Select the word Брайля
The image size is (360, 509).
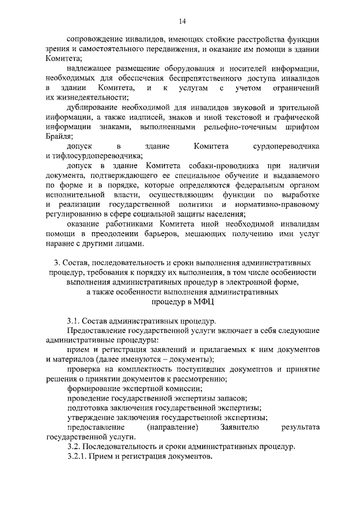(x=60, y=137)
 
